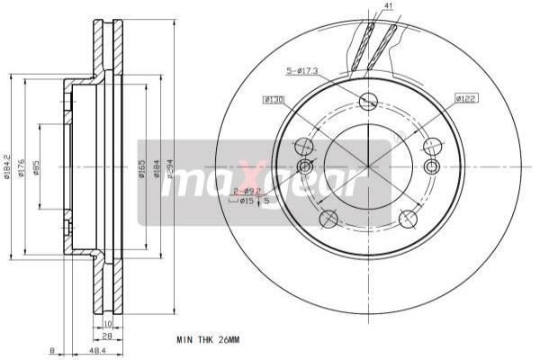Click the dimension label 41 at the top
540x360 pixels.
pos(388,6)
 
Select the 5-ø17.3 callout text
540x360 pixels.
pos(304,70)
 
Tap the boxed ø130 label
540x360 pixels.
pos(274,99)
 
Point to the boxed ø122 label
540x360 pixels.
pos(465,97)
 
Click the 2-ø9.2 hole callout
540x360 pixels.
pos(246,191)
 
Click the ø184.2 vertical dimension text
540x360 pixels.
pos(7,163)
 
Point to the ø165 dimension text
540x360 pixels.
pos(142,167)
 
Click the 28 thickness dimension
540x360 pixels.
pos(107,336)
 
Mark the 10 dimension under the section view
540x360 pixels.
pos(107,323)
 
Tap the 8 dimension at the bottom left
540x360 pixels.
pos(53,350)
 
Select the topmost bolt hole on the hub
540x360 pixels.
pos(367,101)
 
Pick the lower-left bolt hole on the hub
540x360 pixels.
pos(328,218)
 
